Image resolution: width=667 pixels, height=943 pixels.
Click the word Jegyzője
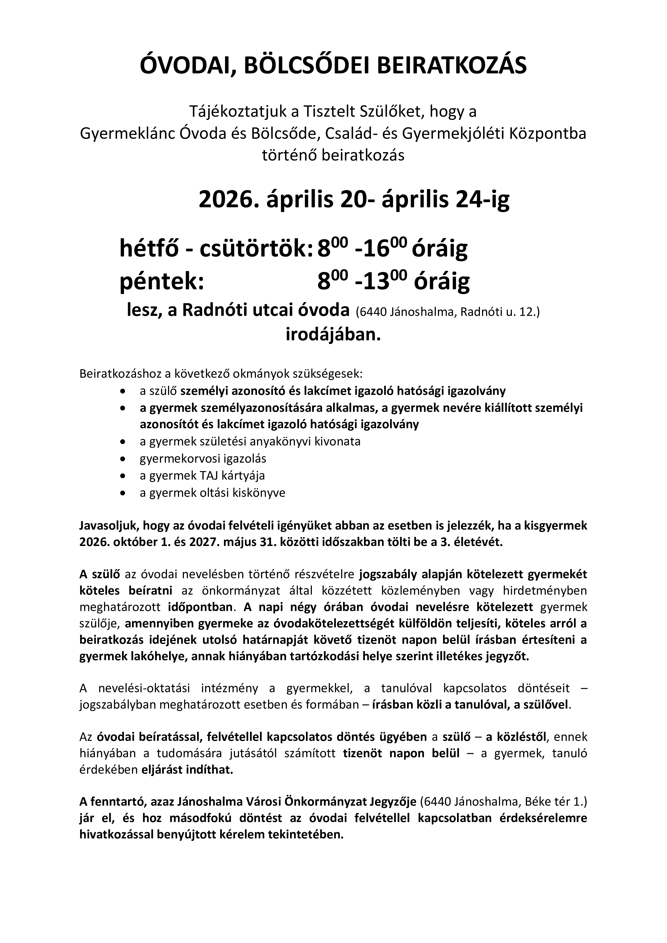395,801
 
